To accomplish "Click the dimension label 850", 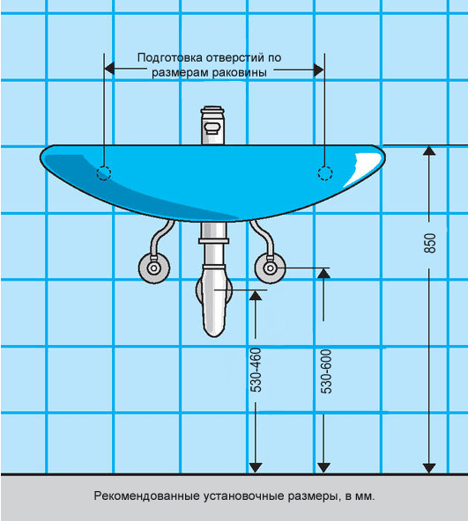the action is pyautogui.click(x=430, y=244).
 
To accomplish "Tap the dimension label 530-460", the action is pyautogui.click(x=256, y=371).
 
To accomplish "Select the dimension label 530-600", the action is pyautogui.click(x=326, y=371).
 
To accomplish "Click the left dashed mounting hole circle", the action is pyautogui.click(x=103, y=173).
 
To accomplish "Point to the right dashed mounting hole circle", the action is pyautogui.click(x=325, y=173).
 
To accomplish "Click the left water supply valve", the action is pyautogui.click(x=153, y=268).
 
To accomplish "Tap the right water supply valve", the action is pyautogui.click(x=270, y=268).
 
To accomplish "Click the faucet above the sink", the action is pyautogui.click(x=212, y=126).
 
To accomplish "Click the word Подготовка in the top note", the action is pyautogui.click(x=170, y=58).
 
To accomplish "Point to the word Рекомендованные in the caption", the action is pyautogui.click(x=146, y=496).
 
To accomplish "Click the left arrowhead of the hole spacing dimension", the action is pyautogui.click(x=109, y=70).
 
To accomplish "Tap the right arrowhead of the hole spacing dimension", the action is pyautogui.click(x=319, y=70).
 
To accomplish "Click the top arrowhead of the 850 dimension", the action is pyautogui.click(x=429, y=150).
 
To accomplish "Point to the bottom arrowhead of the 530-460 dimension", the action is pyautogui.click(x=256, y=467).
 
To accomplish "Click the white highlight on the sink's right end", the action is pyautogui.click(x=364, y=167).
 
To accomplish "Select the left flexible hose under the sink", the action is pyautogui.click(x=160, y=238).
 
